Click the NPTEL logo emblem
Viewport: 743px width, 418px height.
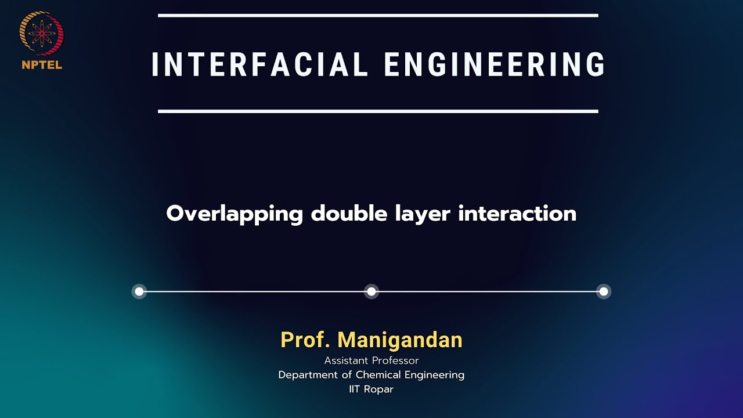coord(42,34)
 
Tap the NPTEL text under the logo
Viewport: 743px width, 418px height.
coord(42,65)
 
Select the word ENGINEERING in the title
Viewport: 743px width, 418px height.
coord(495,64)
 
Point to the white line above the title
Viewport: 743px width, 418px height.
coord(378,16)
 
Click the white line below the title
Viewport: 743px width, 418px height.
coord(378,111)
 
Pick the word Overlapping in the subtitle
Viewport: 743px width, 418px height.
coord(235,214)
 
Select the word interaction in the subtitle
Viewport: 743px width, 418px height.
coord(517,213)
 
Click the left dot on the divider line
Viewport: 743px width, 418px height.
coord(139,291)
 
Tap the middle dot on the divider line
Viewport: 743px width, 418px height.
coord(371,291)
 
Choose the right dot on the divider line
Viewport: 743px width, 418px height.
coord(604,291)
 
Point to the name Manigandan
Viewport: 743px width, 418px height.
coord(400,340)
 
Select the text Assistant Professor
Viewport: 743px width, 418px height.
coord(371,361)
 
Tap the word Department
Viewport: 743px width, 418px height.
coord(308,375)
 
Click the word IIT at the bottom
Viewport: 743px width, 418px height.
coord(355,389)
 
